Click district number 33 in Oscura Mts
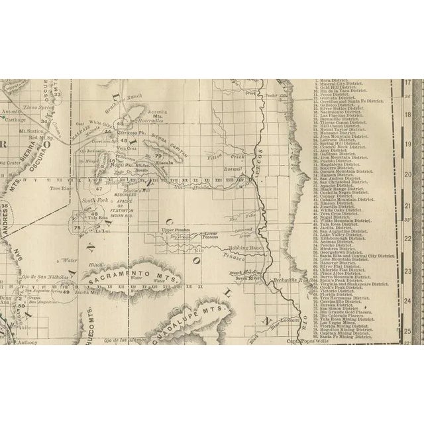click(x=58, y=94)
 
